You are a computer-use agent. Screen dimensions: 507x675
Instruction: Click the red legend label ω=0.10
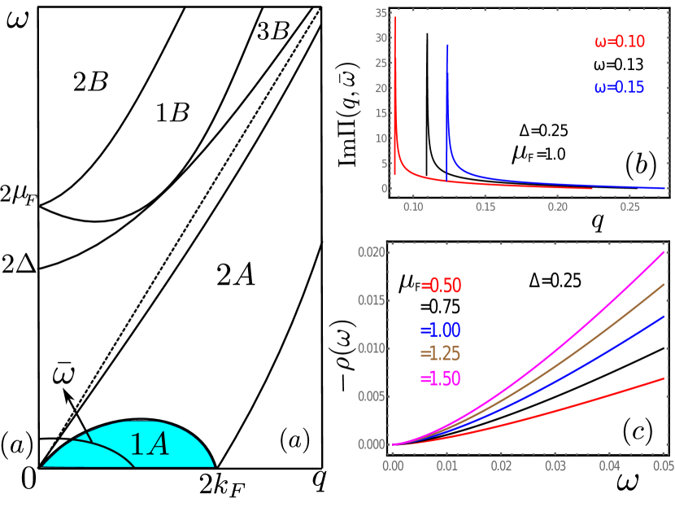(x=620, y=42)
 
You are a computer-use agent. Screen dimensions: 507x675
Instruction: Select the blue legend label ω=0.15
(x=619, y=87)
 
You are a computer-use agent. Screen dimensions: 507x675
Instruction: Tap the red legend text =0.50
(x=441, y=286)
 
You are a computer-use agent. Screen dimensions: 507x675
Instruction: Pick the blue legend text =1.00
(x=440, y=330)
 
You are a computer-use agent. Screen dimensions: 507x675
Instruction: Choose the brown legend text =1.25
(x=440, y=354)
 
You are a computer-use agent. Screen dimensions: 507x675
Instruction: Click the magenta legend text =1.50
(x=440, y=378)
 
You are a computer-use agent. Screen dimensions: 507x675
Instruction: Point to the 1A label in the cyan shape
(x=150, y=444)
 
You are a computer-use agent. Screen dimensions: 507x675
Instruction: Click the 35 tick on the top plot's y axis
(x=381, y=13)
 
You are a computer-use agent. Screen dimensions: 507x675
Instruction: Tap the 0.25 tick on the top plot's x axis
(x=630, y=208)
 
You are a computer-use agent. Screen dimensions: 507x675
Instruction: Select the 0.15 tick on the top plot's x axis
(x=486, y=208)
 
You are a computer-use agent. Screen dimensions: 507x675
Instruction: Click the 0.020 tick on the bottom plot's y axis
(x=371, y=252)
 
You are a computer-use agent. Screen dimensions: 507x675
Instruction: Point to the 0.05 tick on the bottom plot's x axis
(x=664, y=465)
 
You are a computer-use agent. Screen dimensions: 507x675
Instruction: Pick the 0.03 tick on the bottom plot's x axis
(x=555, y=465)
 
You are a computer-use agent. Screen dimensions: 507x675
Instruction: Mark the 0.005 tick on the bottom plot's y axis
(x=371, y=396)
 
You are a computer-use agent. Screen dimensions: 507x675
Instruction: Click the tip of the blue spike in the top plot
(x=447, y=45)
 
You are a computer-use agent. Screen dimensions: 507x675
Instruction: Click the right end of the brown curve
(x=664, y=284)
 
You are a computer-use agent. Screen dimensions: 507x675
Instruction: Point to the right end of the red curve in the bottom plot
(x=664, y=378)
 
